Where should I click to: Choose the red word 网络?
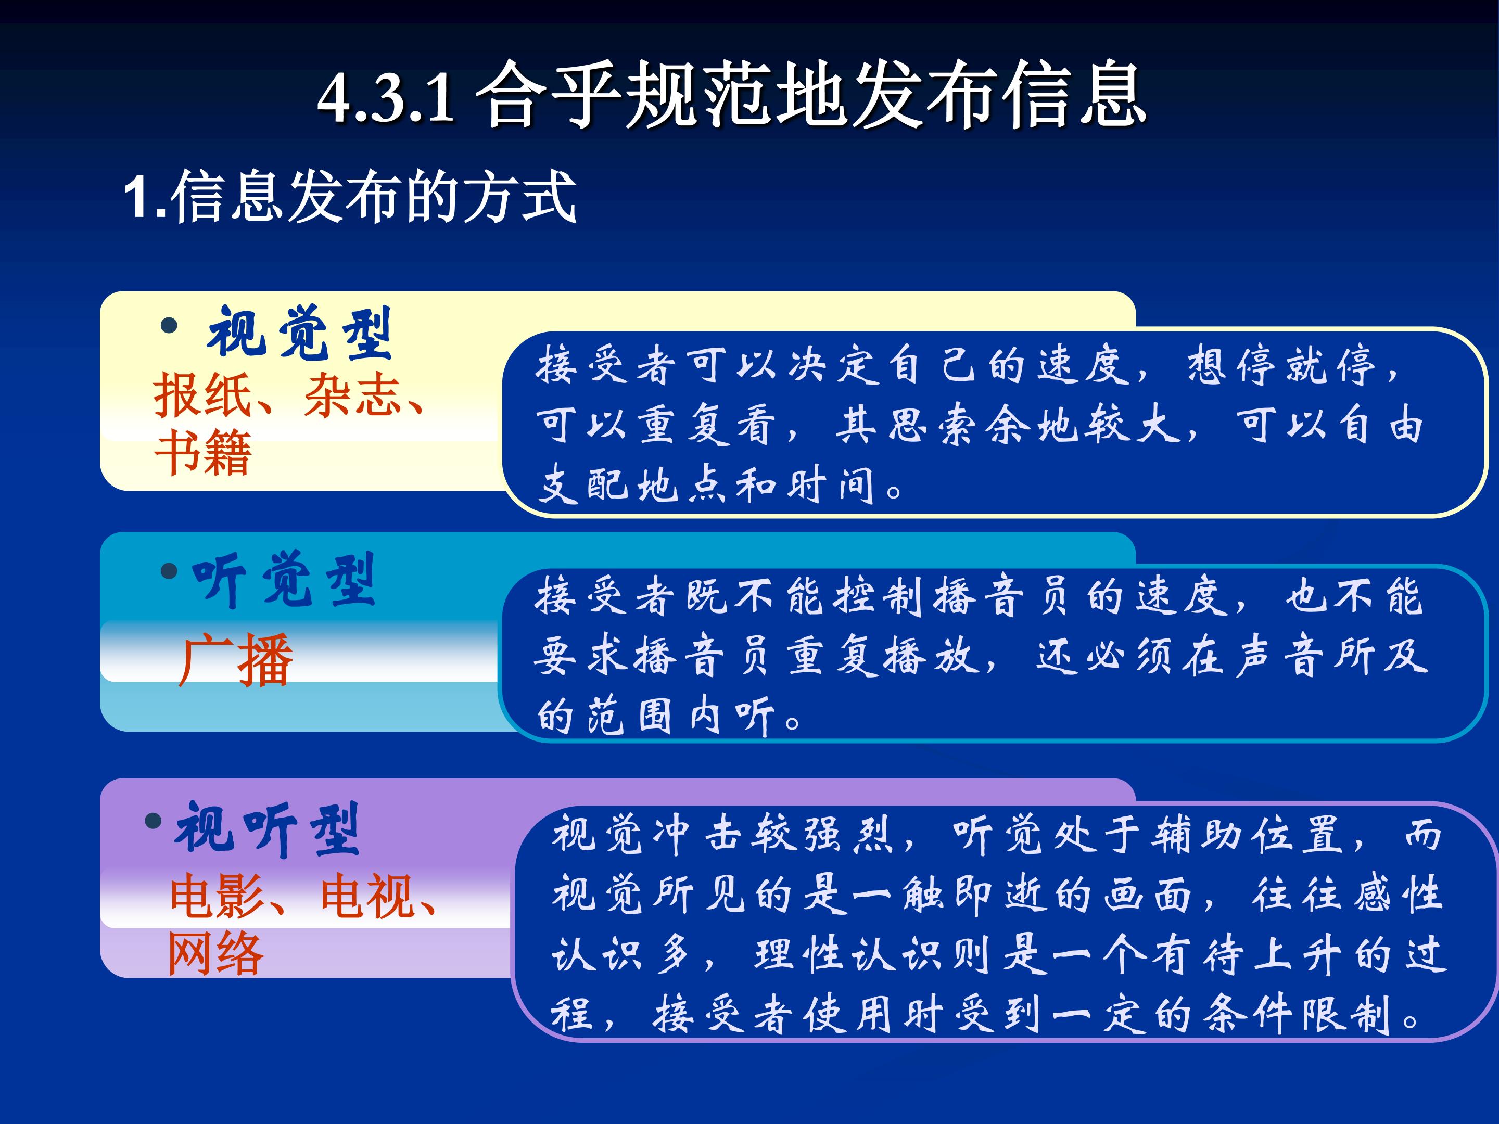click(x=215, y=953)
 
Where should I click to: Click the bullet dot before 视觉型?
click(x=169, y=326)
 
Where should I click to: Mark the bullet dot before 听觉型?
click(x=169, y=572)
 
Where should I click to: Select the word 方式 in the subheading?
click(x=519, y=197)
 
